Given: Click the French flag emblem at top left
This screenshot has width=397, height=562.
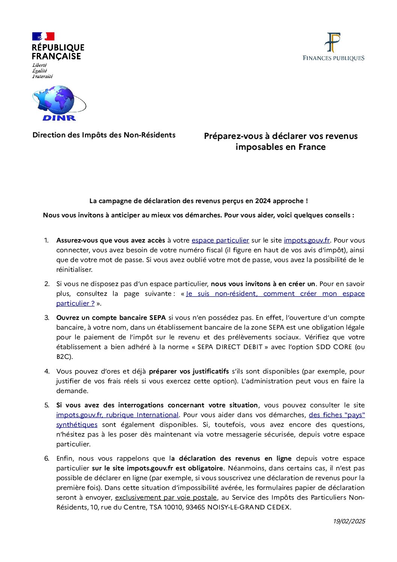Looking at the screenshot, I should (43, 36).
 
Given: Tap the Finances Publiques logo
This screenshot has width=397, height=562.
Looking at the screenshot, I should (333, 47).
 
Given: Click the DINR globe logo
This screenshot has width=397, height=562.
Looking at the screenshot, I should (59, 103).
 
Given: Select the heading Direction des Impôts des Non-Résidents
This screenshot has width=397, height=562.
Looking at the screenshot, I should (104, 135).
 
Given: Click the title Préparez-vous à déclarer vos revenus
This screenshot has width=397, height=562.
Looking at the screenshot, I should (281, 136).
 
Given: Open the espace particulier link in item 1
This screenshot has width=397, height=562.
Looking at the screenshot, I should (220, 240).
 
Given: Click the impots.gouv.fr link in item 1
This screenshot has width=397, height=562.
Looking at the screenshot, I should (307, 240).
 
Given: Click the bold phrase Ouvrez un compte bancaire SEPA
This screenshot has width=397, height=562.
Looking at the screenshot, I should (111, 318).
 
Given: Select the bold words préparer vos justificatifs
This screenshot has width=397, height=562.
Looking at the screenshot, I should (189, 371).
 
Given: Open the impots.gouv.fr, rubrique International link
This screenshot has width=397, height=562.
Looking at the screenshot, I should (117, 415).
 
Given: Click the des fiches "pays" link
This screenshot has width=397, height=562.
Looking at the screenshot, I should (337, 415).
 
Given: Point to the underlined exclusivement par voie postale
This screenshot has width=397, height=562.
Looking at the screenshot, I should (166, 497).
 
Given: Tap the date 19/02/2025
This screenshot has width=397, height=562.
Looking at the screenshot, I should (349, 521).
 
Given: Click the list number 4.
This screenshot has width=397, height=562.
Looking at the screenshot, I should (47, 371).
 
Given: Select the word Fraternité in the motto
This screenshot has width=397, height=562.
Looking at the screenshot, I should (42, 76).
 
